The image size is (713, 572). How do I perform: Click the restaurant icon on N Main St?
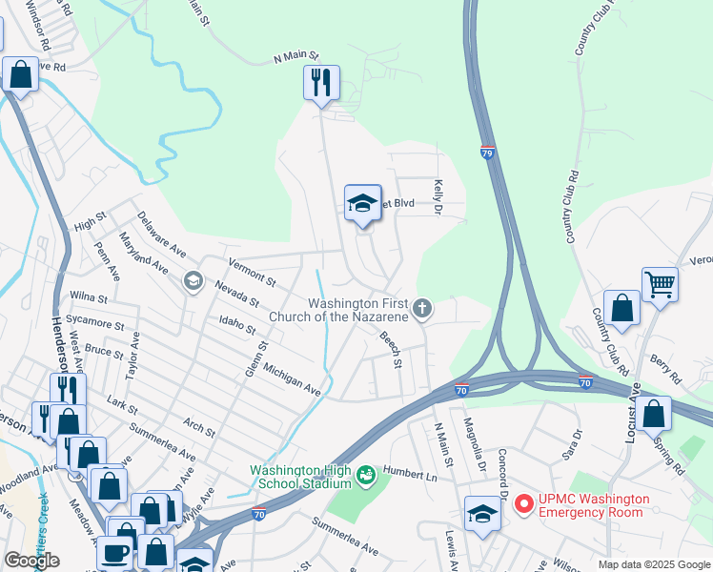pyautogui.click(x=322, y=83)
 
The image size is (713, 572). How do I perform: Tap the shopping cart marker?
pyautogui.click(x=659, y=284)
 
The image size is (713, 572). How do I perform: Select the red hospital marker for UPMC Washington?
pyautogui.click(x=523, y=502)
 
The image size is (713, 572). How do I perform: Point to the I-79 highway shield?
pyautogui.click(x=487, y=153)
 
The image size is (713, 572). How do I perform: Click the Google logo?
pyautogui.click(x=31, y=561)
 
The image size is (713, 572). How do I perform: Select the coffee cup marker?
pyautogui.click(x=115, y=552)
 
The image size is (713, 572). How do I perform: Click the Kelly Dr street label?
pyautogui.click(x=439, y=195)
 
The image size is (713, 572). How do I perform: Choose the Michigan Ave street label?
pyautogui.click(x=293, y=378)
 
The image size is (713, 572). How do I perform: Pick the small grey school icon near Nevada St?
pyautogui.click(x=193, y=280)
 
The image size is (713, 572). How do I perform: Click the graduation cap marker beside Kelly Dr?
pyautogui.click(x=362, y=203)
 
